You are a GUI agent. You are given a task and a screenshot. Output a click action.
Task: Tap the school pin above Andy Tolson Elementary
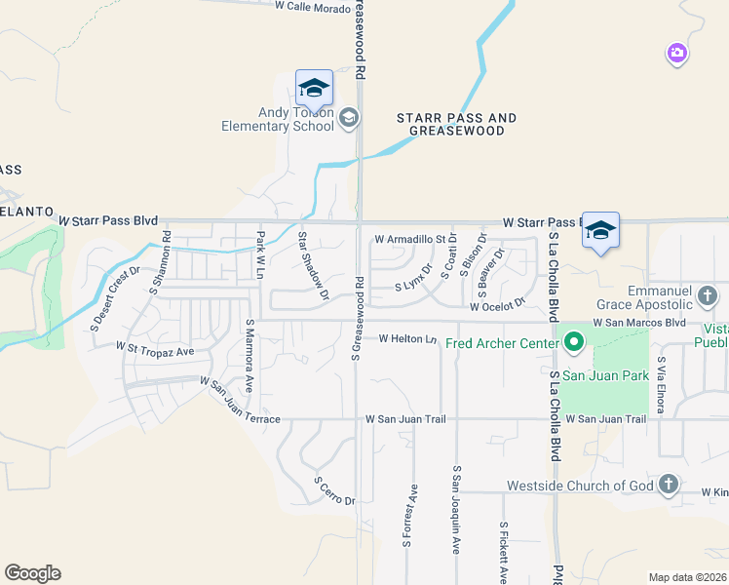(x=314, y=89)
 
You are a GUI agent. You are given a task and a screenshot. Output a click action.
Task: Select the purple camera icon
(x=677, y=53)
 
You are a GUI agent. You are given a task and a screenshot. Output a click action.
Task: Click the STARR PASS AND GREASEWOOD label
(x=456, y=124)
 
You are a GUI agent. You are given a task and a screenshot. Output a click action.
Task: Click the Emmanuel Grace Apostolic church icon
(x=708, y=294)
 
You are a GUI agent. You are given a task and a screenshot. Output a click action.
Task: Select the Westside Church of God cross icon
(x=669, y=485)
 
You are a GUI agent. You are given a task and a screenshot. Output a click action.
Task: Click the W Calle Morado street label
(x=312, y=6)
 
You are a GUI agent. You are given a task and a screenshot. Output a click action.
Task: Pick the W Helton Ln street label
(x=407, y=339)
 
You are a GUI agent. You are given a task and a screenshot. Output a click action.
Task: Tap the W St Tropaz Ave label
(x=155, y=348)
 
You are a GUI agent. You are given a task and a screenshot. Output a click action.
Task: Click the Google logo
(x=32, y=573)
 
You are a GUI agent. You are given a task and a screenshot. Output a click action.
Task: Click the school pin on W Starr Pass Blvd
(x=600, y=231)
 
